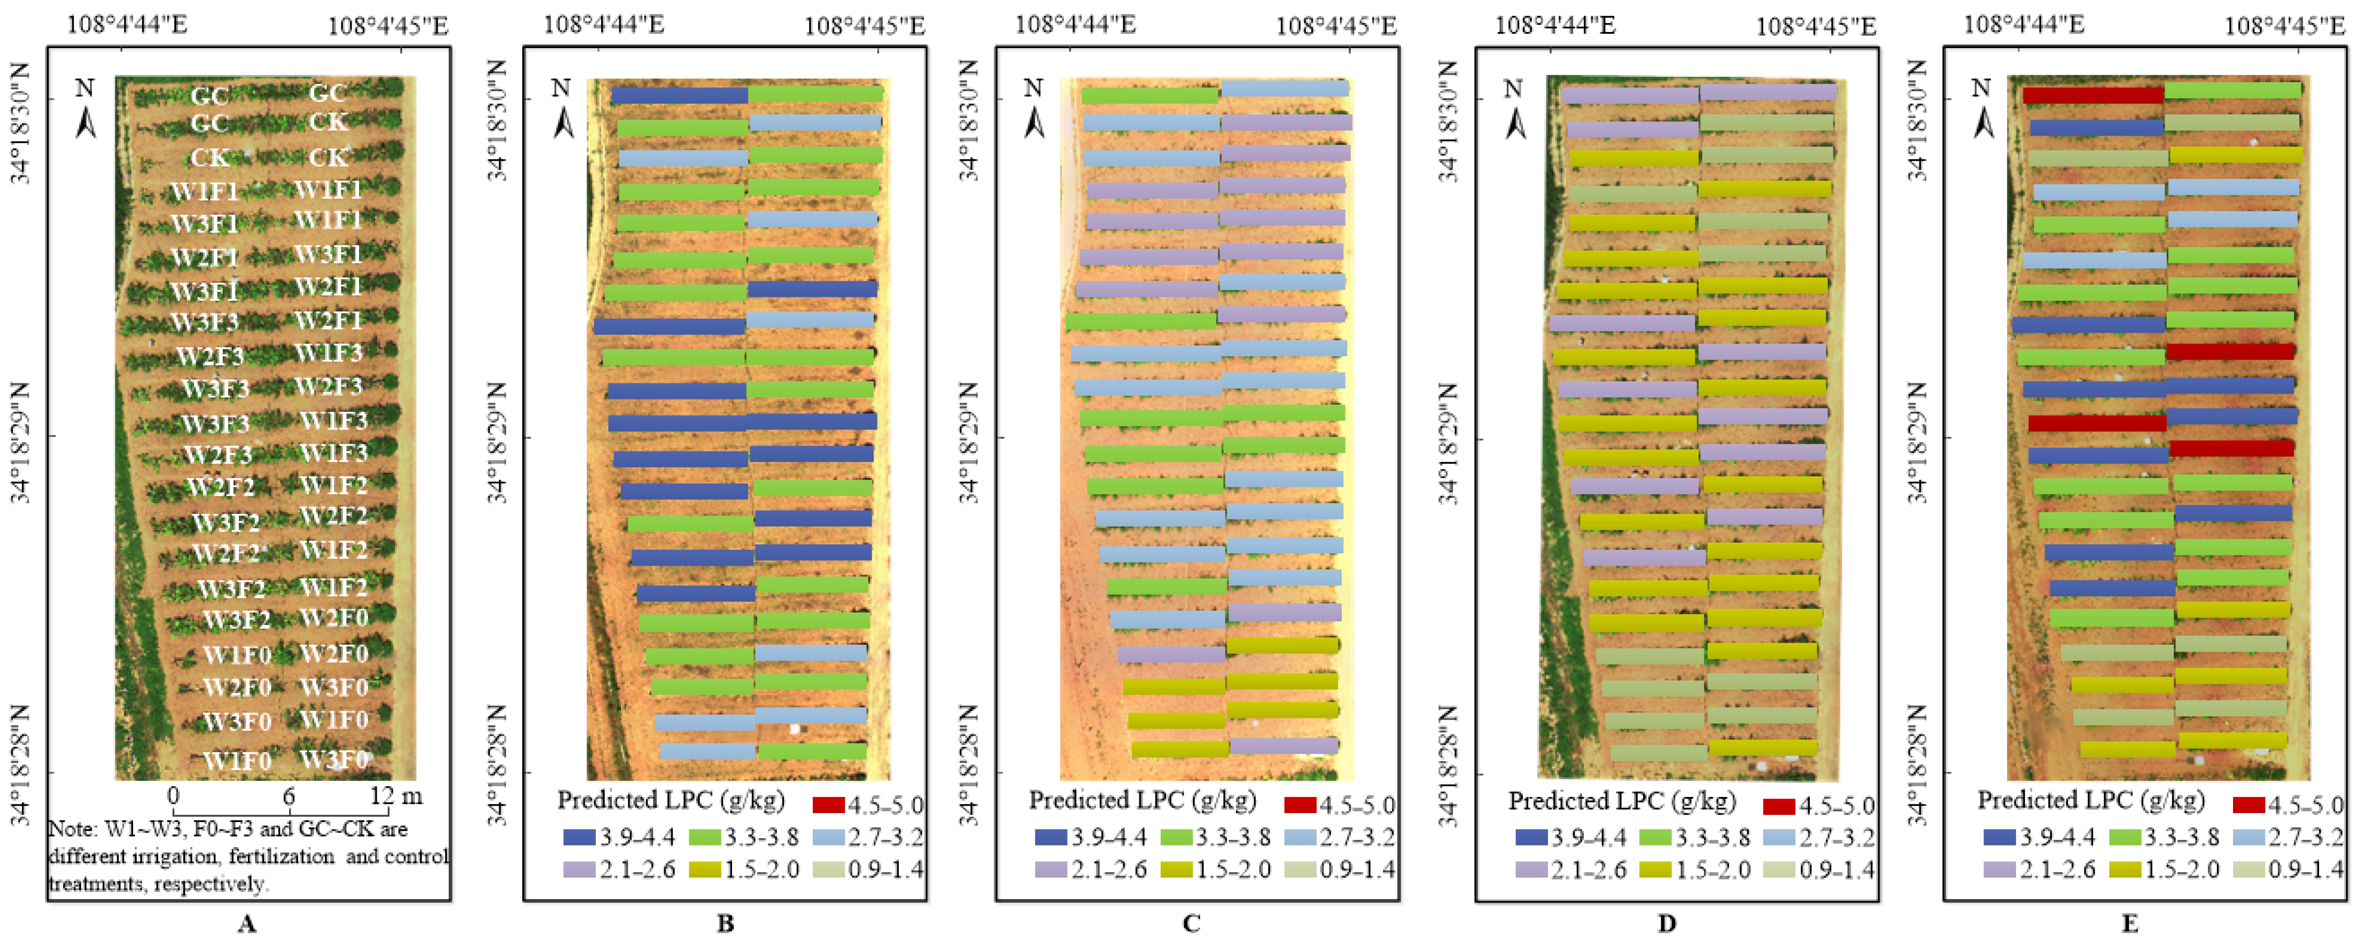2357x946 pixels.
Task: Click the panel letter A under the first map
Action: tap(246, 924)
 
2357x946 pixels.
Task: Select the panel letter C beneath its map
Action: tap(1191, 924)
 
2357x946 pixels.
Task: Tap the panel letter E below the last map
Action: tap(2129, 924)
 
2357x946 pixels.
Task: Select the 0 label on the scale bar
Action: tap(173, 796)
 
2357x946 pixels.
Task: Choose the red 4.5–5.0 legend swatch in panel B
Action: tap(828, 805)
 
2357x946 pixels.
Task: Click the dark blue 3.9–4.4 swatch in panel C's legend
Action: tap(1051, 837)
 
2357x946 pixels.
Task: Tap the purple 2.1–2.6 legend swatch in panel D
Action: tap(1531, 869)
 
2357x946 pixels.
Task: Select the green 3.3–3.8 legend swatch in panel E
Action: tap(2125, 837)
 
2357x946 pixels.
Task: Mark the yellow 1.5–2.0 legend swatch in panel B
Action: tap(705, 869)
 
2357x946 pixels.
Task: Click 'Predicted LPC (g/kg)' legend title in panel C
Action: tap(1142, 801)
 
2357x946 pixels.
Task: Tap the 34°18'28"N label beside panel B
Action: tap(497, 764)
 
